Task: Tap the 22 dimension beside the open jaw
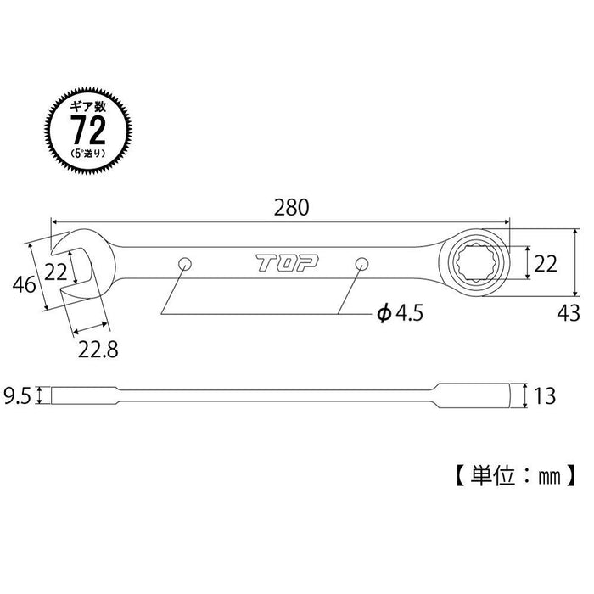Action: (x=56, y=271)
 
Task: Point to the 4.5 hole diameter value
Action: (x=406, y=314)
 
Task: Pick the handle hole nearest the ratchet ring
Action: (x=361, y=263)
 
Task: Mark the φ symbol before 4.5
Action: (x=383, y=314)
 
